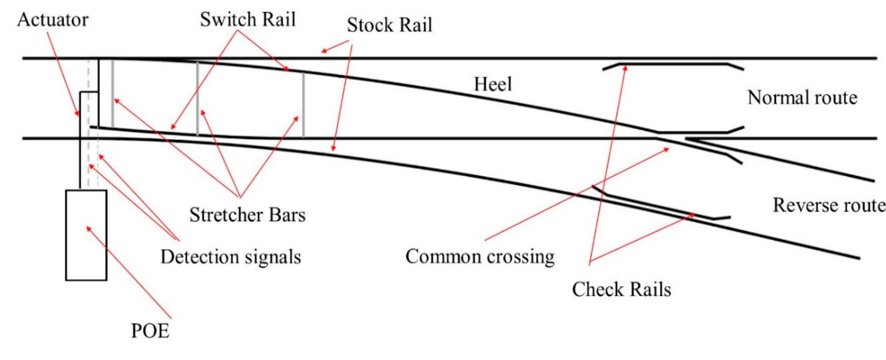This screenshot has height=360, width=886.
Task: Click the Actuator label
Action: click(53, 20)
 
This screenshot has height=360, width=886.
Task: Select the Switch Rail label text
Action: click(247, 19)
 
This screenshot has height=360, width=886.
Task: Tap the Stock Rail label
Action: click(389, 25)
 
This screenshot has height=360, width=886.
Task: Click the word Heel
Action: click(492, 84)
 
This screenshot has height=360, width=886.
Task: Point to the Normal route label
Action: click(802, 98)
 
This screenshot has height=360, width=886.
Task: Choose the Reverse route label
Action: click(829, 205)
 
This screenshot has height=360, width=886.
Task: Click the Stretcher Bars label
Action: click(247, 215)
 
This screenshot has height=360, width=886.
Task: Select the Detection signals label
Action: click(230, 257)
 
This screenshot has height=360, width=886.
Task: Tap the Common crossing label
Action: click(480, 256)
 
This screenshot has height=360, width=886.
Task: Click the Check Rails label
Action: click(621, 289)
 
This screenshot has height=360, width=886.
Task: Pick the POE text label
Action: click(150, 331)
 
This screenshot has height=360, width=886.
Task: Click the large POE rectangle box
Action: click(86, 247)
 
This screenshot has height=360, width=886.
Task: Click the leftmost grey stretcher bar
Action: click(113, 95)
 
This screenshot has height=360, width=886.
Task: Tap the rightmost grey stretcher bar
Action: click(304, 105)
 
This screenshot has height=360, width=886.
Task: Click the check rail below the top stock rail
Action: click(673, 65)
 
